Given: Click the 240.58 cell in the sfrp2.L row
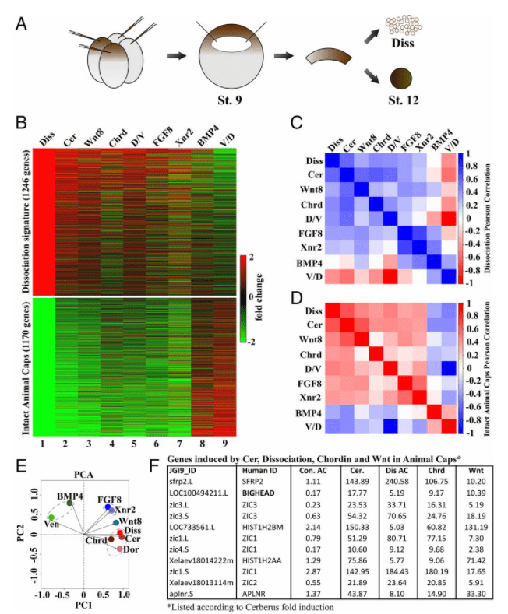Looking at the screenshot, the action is (397, 482).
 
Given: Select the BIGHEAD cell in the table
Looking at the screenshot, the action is (258, 493).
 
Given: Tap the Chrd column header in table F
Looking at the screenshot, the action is (436, 471).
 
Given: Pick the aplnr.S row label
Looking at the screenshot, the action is (182, 594).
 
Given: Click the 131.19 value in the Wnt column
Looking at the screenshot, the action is (476, 527).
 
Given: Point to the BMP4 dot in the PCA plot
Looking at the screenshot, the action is (69, 503).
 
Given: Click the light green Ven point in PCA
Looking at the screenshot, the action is (51, 518).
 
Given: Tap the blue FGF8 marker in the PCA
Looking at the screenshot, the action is (108, 507).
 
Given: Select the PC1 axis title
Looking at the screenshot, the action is (83, 605).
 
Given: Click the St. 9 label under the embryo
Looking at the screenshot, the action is (230, 100).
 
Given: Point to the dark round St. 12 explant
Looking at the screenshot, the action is (401, 78).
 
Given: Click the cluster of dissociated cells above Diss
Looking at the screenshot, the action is (404, 26).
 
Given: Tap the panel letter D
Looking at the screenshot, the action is (297, 298).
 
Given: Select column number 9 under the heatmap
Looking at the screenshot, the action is (224, 444).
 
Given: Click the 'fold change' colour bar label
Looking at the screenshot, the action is (259, 296).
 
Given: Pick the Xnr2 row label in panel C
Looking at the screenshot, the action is (311, 249).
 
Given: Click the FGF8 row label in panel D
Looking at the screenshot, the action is (310, 384).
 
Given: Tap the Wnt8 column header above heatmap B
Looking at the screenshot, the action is (93, 138).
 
